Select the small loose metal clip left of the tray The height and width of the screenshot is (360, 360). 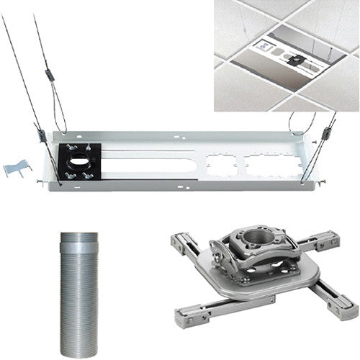click(17, 168)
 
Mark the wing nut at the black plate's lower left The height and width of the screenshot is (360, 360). click(70, 173)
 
